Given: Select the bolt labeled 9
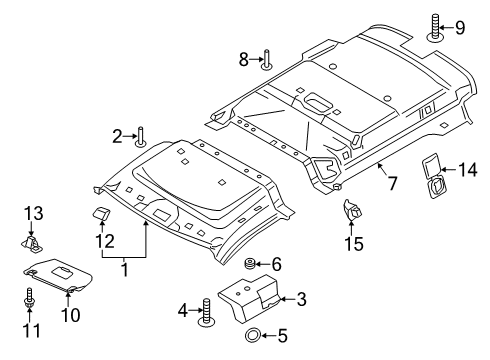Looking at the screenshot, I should click(x=435, y=27).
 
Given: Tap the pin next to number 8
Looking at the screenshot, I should click(x=267, y=62).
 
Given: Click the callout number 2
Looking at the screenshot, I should click(x=117, y=135).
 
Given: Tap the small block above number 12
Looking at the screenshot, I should click(x=103, y=213).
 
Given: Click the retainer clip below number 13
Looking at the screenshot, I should click(x=33, y=242).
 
